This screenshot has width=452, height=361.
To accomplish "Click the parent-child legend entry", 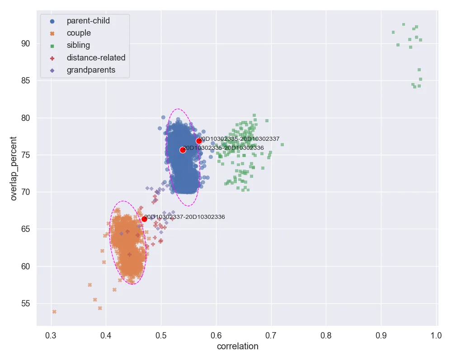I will [88, 21].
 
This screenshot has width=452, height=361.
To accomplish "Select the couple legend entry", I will [79, 33].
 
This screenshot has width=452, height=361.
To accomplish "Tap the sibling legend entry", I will [78, 45].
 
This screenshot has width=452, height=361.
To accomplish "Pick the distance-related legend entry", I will [96, 57].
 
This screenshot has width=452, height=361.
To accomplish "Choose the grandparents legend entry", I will [91, 70].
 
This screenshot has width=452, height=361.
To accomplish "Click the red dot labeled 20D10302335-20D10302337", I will [199, 141].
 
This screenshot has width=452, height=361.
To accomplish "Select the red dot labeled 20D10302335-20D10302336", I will [183, 150].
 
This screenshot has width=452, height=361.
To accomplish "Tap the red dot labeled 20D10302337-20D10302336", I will [144, 219].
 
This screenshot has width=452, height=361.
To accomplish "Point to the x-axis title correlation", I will [237, 347].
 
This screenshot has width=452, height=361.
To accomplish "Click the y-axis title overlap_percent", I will [14, 168].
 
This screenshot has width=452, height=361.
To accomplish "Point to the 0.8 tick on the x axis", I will [326, 336].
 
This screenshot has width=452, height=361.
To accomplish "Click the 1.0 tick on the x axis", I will [436, 336].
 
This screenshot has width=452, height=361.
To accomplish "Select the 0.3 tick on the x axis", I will [51, 336].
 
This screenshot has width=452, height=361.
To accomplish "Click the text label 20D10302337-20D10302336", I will [185, 217].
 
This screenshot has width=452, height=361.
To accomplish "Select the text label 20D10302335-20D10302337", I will [240, 139].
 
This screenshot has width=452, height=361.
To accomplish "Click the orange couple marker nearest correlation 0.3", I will [54, 312].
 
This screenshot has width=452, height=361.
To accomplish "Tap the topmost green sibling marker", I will [403, 24].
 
